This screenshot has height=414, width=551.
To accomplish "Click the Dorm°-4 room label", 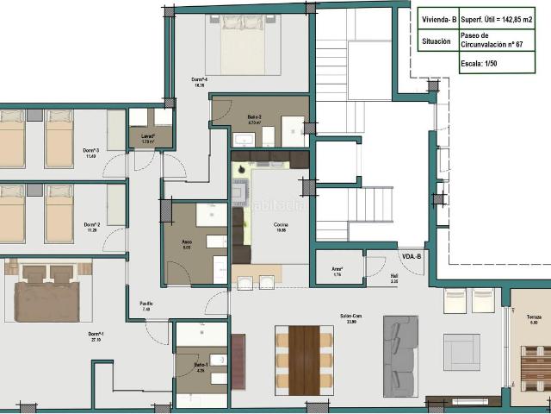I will (x=198, y=80).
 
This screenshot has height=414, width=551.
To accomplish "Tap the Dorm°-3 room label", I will (x=91, y=150).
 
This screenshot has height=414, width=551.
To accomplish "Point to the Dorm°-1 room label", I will (x=96, y=334).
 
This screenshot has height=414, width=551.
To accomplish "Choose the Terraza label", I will (x=535, y=317).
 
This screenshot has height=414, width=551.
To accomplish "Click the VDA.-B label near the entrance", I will (x=412, y=257).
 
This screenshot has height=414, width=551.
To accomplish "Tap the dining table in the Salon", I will (x=304, y=359).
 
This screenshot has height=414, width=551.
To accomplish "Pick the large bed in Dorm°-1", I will (x=47, y=294).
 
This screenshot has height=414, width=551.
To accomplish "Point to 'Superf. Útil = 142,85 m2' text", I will (x=503, y=19).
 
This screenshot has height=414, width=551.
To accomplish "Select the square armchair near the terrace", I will (x=461, y=352).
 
